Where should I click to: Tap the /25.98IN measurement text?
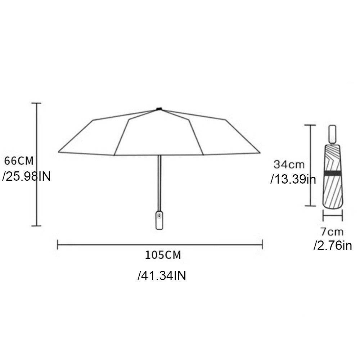pyautogui.click(x=26, y=176)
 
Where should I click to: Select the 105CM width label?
pyautogui.click(x=163, y=255)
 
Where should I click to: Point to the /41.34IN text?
pyautogui.click(x=162, y=276)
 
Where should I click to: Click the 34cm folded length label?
pyautogui.click(x=289, y=165)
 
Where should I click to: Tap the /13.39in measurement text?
pyautogui.click(x=293, y=179)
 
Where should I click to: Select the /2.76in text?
pyautogui.click(x=332, y=246)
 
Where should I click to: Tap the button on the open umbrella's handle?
pyautogui.click(x=158, y=216)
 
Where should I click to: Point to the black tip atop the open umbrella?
pyautogui.click(x=159, y=108)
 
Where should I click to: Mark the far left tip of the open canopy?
pyautogui.click(x=59, y=152)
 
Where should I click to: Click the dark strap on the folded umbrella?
pyautogui.click(x=333, y=174)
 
